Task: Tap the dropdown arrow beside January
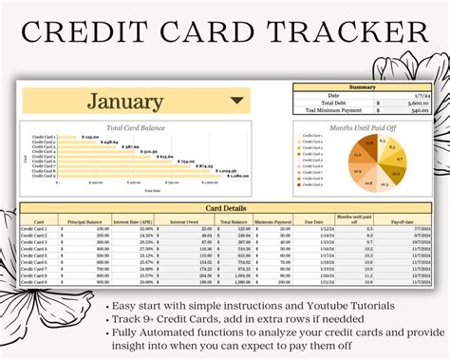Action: coord(237,100)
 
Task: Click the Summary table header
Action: coord(361,87)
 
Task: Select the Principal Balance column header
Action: coord(84,219)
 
